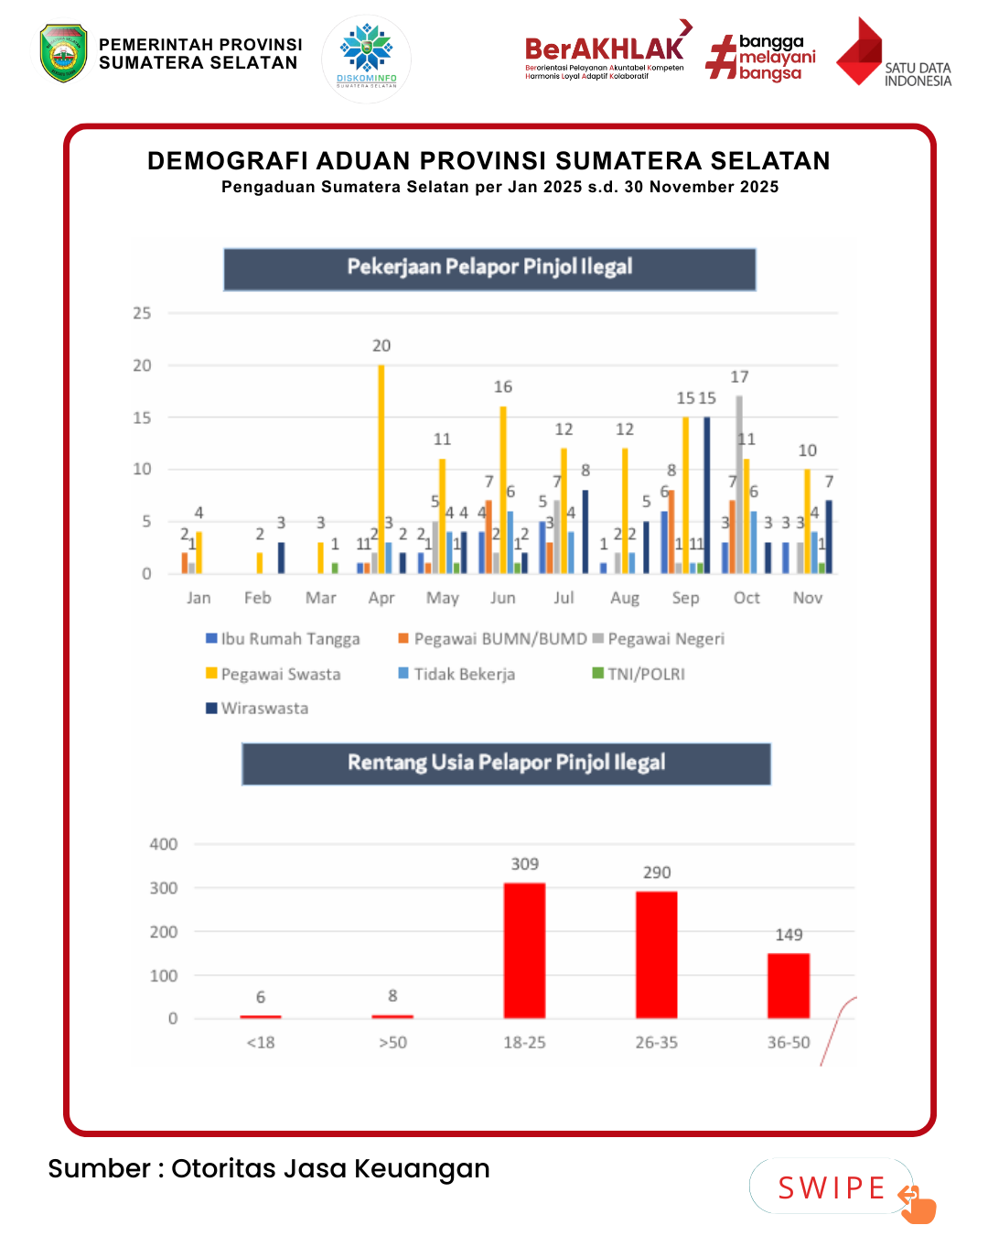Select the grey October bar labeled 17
tap(739, 485)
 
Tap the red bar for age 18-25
tap(524, 950)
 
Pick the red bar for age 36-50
tap(789, 985)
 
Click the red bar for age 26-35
tap(657, 954)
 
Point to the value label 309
tap(525, 864)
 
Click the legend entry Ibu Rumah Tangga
tap(283, 639)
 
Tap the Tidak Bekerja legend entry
tap(456, 674)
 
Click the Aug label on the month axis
tap(625, 598)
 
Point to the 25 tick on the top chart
tap(142, 313)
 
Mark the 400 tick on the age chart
tap(164, 844)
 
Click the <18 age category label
tap(261, 1043)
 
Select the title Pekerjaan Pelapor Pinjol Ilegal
tap(489, 267)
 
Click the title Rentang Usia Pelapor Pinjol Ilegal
tap(506, 763)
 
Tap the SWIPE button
tap(832, 1187)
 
